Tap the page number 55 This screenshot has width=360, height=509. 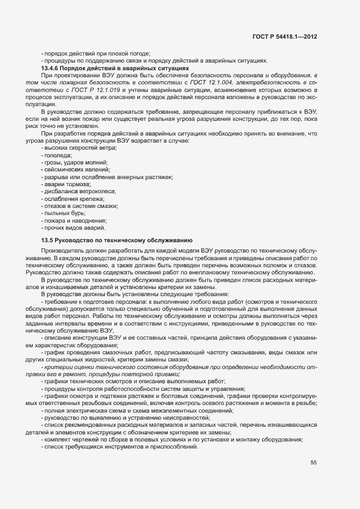tap(314, 463)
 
